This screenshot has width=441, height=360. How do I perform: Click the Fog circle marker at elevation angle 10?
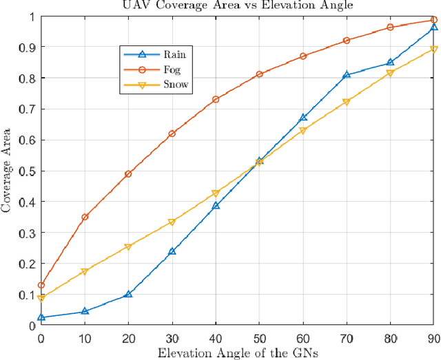(85, 217)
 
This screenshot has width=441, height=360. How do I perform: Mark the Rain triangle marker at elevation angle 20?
(128, 294)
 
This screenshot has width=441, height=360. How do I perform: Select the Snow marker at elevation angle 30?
(172, 222)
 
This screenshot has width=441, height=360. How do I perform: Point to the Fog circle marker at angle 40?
(216, 99)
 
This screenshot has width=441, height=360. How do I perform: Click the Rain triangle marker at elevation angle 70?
(347, 74)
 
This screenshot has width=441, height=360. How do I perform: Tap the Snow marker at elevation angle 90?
(433, 50)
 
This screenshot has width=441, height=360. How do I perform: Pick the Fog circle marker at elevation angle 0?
(41, 285)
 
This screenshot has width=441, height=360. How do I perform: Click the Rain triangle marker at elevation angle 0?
(41, 317)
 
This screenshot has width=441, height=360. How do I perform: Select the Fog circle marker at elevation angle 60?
(302, 56)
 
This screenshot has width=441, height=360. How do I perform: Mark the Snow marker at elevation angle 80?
(390, 73)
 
